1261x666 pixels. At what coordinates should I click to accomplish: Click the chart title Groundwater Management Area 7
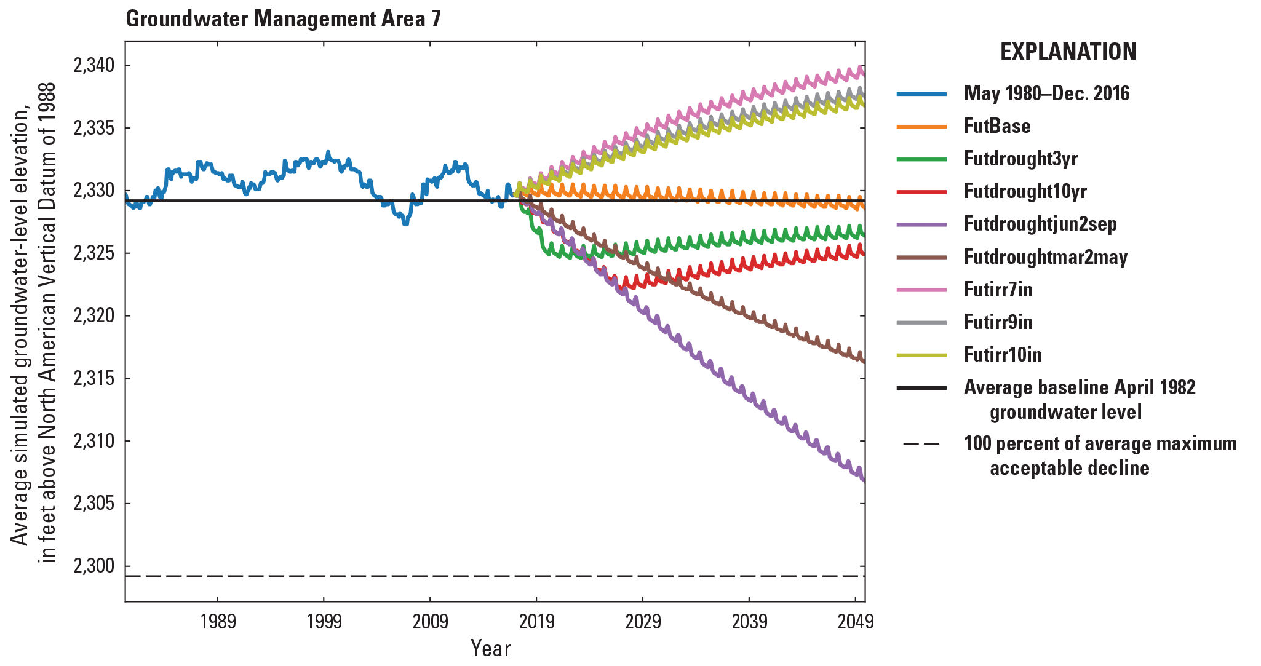pos(283,19)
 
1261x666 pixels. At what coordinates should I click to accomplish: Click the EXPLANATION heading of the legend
pos(1068,52)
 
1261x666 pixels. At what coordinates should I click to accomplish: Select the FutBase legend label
pos(996,126)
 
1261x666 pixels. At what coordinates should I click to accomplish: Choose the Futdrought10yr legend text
pos(1025,191)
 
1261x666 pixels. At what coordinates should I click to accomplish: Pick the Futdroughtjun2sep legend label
pos(1040,224)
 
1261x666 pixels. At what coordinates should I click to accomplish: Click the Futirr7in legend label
pos(998,289)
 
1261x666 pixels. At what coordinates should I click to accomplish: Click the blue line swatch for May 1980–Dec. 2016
pos(921,93)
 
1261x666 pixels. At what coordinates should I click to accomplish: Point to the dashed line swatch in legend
pos(921,444)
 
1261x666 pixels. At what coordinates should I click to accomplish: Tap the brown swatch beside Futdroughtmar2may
pos(921,256)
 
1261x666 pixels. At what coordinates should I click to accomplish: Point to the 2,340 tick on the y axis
pos(93,65)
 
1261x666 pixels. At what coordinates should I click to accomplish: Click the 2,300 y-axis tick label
pos(93,566)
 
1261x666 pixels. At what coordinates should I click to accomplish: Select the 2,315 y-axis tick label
pos(93,378)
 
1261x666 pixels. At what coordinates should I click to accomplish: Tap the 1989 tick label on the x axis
pos(218,622)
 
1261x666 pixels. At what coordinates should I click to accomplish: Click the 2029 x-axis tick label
pos(643,622)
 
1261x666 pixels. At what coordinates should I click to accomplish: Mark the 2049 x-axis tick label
pos(855,622)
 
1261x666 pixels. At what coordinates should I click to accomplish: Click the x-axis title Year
pos(490,648)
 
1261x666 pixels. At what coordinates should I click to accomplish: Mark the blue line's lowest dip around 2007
pos(405,224)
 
